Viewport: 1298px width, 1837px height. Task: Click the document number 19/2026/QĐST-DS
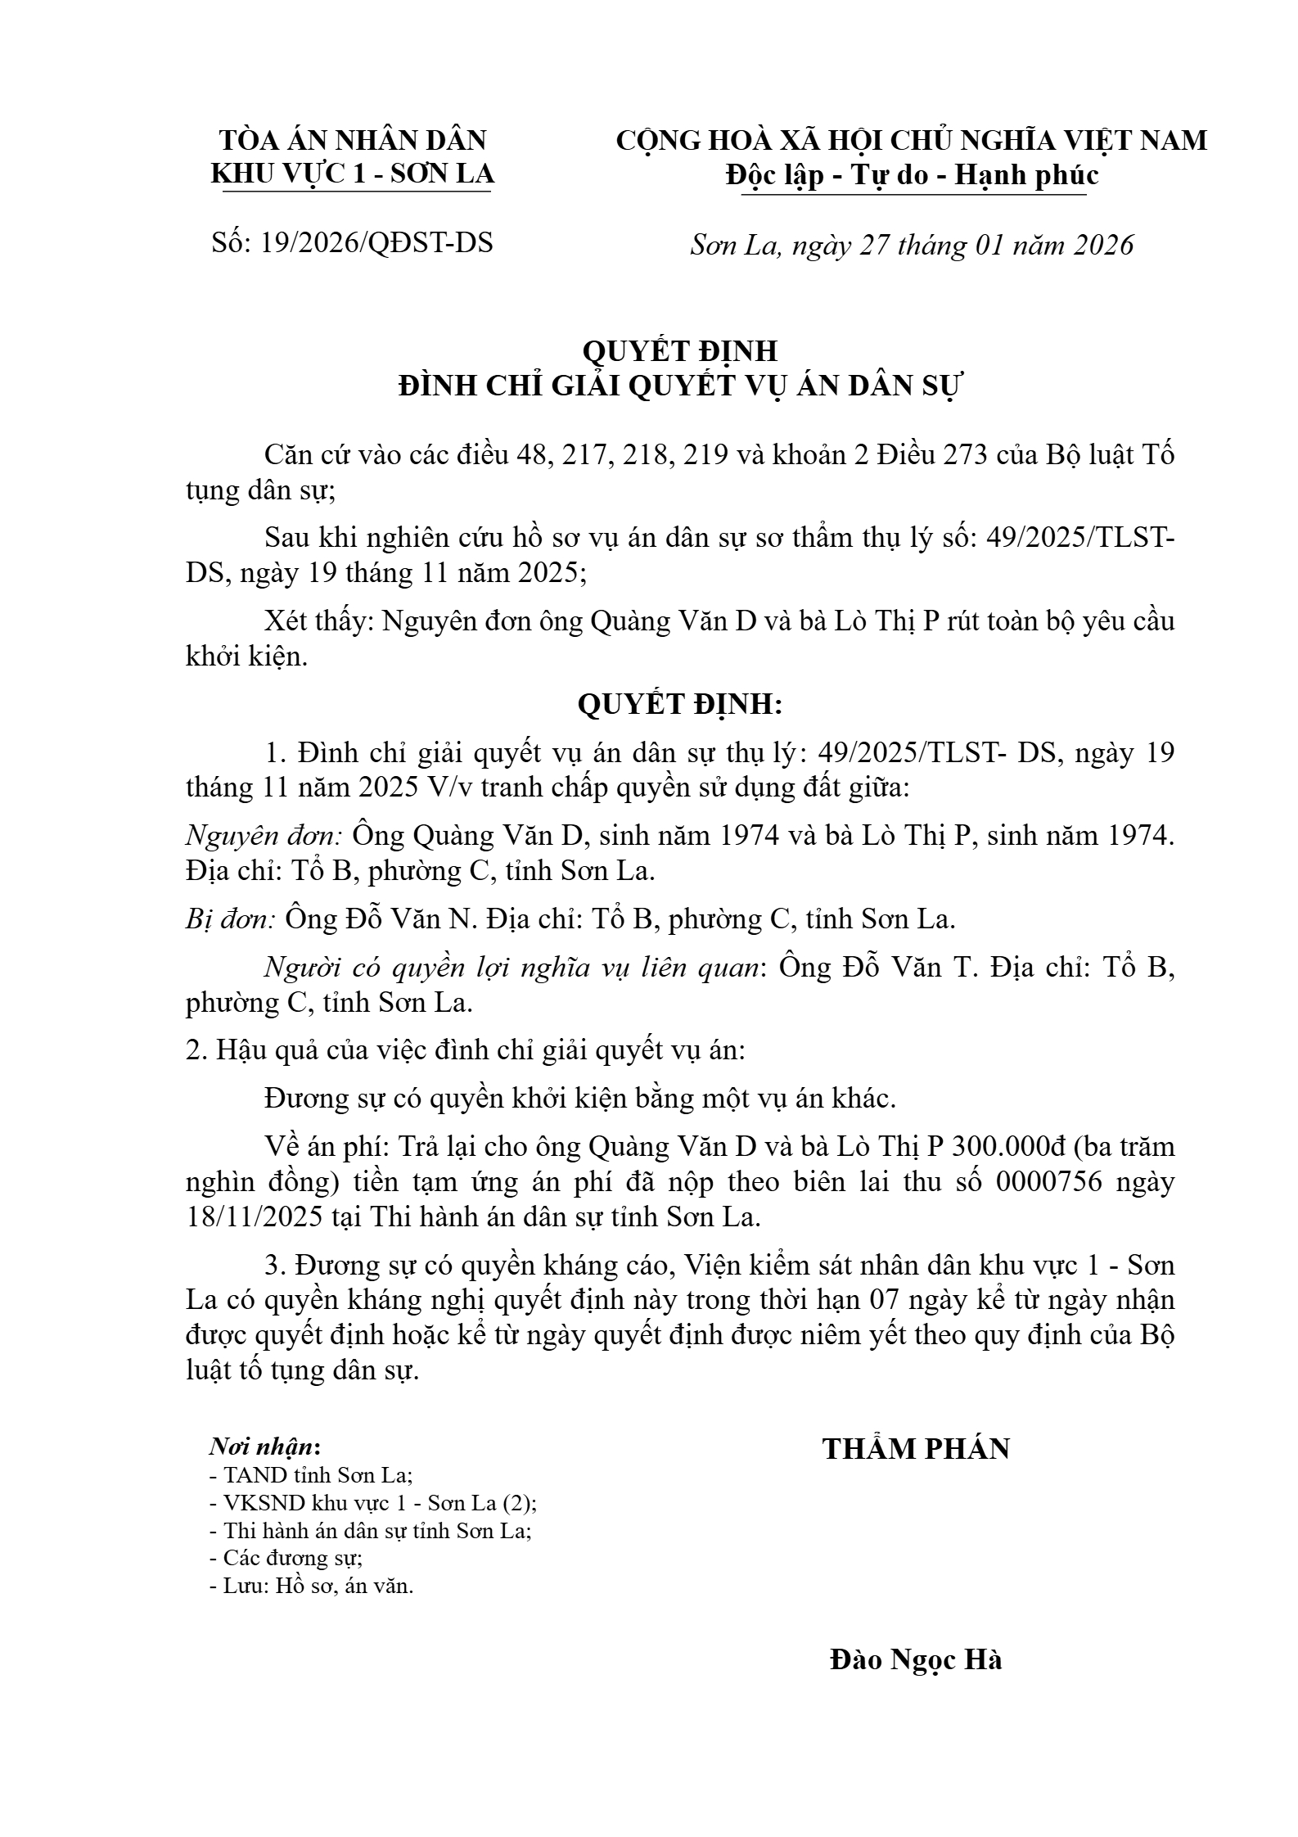[376, 242]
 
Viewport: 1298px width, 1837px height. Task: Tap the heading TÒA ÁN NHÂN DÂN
[353, 140]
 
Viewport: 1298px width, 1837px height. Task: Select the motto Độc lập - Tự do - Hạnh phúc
[912, 175]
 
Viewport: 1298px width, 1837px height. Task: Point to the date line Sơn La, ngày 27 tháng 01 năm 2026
[912, 245]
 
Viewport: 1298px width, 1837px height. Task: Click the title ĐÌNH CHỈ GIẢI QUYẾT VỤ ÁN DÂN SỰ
[680, 386]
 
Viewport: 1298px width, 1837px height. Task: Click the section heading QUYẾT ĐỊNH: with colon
[680, 704]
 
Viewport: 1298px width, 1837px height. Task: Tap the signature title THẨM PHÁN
[916, 1448]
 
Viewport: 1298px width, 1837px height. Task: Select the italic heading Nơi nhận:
[264, 1447]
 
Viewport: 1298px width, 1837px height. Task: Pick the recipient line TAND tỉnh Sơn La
[315, 1475]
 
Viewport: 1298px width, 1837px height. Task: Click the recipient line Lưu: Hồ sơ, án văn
[315, 1586]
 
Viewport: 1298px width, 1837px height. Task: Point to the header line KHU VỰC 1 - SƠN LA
[353, 175]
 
